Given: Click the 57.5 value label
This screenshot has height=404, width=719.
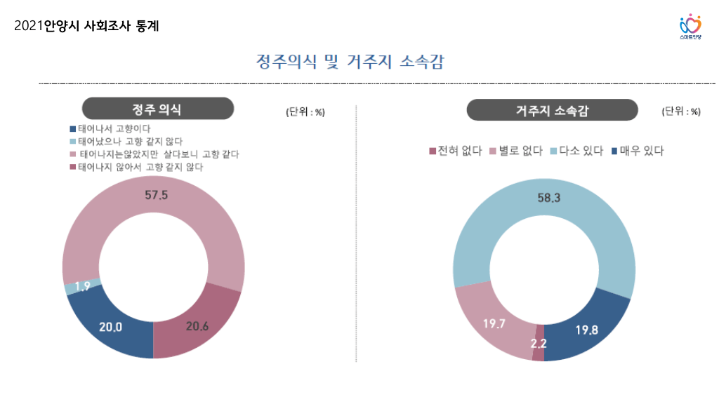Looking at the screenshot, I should (x=156, y=196).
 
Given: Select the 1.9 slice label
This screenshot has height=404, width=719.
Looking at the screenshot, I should (x=81, y=286).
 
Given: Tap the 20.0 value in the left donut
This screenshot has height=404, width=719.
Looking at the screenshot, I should (x=111, y=327).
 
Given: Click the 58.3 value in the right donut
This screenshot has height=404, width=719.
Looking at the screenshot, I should (x=548, y=198).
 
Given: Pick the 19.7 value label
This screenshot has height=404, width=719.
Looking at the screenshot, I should (x=494, y=323).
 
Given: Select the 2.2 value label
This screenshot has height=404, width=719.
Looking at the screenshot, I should (x=539, y=344).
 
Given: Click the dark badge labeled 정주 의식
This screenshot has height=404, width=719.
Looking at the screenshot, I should (x=157, y=109).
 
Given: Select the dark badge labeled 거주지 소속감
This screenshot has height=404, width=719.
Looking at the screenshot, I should (x=552, y=110).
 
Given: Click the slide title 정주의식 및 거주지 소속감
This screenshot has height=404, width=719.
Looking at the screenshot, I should (x=350, y=62).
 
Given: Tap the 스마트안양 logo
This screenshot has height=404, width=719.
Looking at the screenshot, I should (x=690, y=27).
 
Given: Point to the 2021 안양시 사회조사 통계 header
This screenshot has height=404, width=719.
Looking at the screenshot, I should (x=86, y=27).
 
